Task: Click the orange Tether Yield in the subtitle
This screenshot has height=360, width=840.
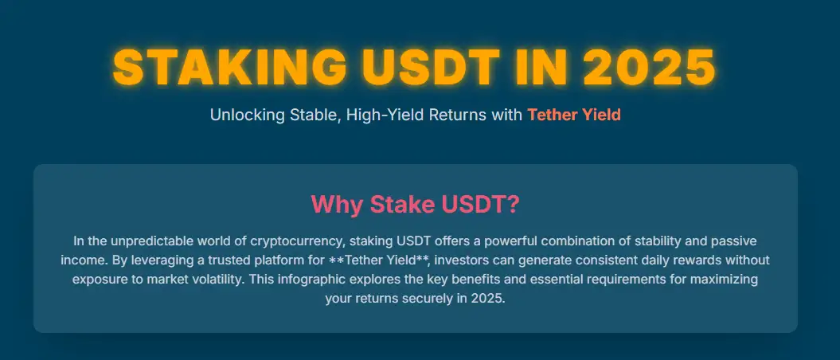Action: coord(574,115)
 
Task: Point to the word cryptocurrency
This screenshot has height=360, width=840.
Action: coord(295,241)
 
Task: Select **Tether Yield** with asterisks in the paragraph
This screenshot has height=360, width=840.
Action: coord(380,260)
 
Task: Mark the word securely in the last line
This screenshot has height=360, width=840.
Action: coord(427,300)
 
